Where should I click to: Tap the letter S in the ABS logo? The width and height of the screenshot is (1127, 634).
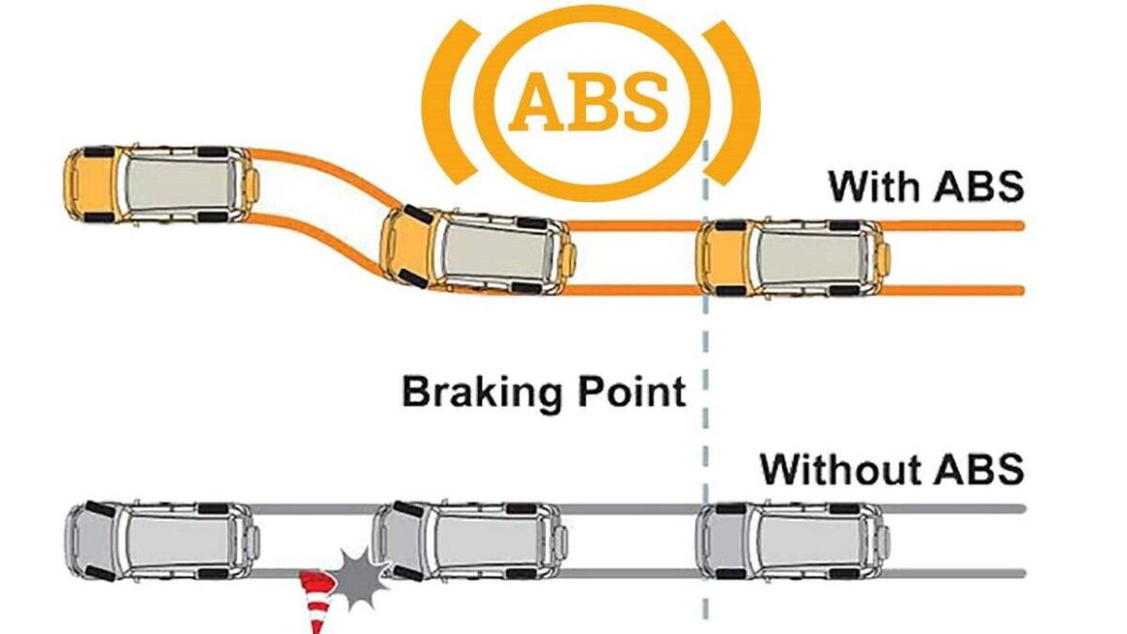tap(641, 101)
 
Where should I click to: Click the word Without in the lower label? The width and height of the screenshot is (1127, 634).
tap(841, 469)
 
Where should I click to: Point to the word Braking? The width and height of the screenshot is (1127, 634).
tap(477, 392)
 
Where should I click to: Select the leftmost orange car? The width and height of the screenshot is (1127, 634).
tap(160, 184)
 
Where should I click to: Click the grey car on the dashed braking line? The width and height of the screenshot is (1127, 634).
tap(792, 540)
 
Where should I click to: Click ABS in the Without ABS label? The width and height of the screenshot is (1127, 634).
tap(978, 469)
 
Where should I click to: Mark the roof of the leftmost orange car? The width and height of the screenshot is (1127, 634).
tap(181, 184)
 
